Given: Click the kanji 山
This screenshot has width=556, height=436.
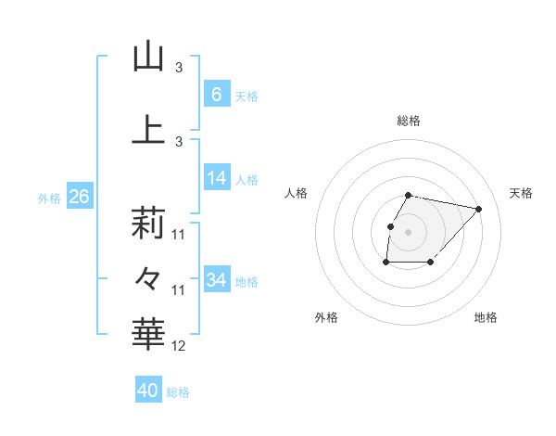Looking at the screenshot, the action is point(148,57).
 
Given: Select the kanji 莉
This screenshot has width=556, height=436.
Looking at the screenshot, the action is point(148,224).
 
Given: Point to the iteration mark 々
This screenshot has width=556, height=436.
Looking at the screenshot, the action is point(148,277).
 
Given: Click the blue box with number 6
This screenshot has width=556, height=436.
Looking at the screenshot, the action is point(217,95).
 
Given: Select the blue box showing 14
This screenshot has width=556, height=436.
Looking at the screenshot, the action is point(217,179).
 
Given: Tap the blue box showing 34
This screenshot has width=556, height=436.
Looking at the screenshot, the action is point(217,281).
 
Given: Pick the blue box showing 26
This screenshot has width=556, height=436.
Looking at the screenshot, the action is point(79,198).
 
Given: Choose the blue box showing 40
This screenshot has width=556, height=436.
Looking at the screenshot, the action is point(148,391).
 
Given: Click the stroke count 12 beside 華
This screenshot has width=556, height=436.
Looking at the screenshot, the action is point(179,346).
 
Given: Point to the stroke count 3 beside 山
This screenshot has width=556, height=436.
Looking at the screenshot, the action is point(179,68).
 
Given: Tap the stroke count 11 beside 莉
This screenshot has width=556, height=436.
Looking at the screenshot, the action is point(179,235).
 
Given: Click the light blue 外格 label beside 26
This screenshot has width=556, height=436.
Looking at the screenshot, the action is point(49,199).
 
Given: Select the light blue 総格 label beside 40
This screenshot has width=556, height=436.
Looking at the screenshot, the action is point(178,392).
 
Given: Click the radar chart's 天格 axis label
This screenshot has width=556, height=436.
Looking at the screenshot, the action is point(521,193).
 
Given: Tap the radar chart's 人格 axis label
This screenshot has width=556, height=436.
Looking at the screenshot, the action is point(296,193).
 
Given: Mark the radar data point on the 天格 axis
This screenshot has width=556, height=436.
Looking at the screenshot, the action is point(478,209).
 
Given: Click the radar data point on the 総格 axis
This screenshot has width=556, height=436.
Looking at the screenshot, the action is point(409,195).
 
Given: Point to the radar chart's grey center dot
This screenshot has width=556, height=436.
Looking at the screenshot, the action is point(409,231).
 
